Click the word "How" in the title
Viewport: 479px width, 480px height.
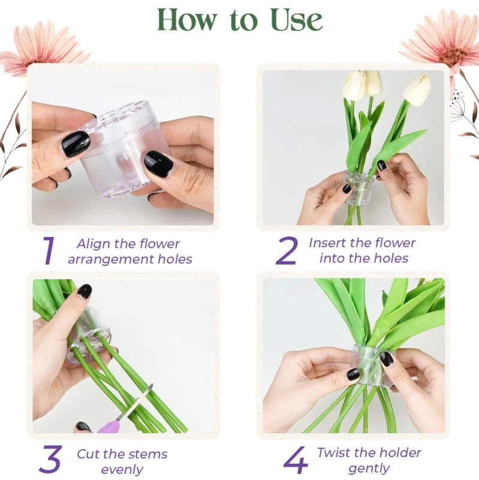click(186, 20)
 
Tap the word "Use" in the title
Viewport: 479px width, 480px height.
click(296, 20)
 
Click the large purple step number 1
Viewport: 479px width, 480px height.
click(49, 250)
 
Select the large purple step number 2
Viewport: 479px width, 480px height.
click(287, 250)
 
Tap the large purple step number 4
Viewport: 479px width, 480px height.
click(296, 460)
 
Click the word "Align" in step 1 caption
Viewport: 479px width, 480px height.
click(94, 244)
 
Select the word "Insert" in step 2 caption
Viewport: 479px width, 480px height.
click(327, 243)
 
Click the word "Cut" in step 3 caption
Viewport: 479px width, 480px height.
click(88, 454)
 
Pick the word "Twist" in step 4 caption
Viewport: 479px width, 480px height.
click(335, 452)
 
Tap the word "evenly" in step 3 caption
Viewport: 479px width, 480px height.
click(122, 470)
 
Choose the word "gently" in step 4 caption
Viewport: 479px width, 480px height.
click(369, 469)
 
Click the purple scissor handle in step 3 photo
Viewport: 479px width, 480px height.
click(108, 427)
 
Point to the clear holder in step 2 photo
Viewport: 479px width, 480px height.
click(359, 187)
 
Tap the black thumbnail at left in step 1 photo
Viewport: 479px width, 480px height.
click(76, 144)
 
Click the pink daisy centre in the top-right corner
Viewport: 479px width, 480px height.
click(453, 56)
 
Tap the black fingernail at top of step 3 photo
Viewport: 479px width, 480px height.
click(85, 291)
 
